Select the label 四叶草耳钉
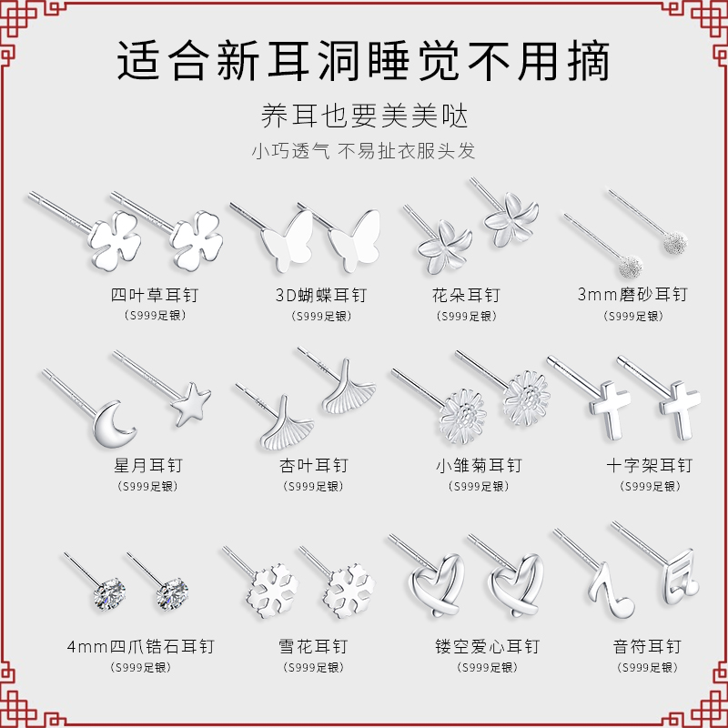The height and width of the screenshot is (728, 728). [154, 295]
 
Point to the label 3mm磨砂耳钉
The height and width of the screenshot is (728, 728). [632, 295]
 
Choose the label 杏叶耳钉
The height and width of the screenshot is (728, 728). [314, 465]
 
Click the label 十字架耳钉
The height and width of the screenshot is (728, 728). [649, 465]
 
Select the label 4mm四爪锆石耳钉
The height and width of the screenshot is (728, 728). [140, 647]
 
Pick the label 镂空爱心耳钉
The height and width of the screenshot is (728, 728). [487, 647]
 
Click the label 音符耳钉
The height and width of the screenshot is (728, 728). [647, 647]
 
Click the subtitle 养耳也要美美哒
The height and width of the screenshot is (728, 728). [364, 116]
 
